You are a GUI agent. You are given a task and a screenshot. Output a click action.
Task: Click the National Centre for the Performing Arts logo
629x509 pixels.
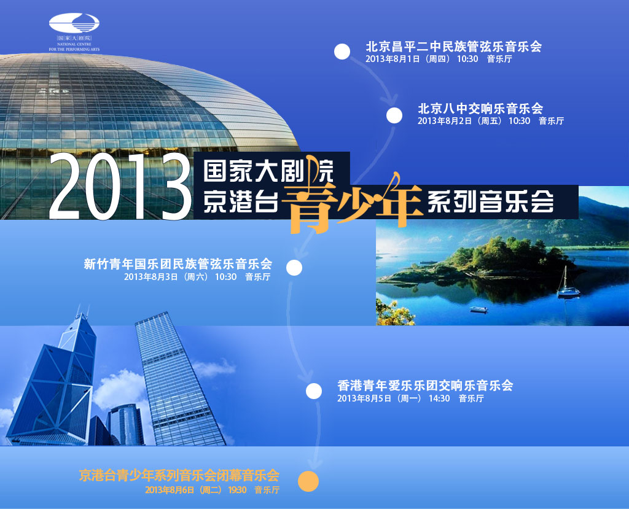click(74, 32)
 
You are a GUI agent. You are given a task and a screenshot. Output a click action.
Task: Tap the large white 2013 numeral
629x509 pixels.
click(120, 187)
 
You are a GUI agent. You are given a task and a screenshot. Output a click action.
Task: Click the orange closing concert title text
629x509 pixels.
click(179, 476)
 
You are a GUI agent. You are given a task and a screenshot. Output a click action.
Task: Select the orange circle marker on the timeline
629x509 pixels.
click(308, 481)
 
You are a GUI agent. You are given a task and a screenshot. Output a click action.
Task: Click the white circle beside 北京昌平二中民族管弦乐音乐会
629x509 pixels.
click(342, 52)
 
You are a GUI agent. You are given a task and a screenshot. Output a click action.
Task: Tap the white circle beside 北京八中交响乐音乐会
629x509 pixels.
click(394, 115)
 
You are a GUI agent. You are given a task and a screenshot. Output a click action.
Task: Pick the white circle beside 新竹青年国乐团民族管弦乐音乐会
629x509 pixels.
click(294, 268)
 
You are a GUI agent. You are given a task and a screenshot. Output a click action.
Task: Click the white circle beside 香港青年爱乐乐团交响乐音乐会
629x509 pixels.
click(314, 391)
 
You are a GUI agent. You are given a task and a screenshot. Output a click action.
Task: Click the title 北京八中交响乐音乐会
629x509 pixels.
click(480, 108)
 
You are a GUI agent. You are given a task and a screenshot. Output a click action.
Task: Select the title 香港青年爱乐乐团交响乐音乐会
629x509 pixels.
click(425, 386)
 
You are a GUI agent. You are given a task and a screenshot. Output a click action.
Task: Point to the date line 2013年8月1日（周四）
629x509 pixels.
click(408, 59)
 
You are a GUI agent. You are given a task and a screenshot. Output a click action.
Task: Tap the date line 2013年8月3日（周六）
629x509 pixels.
click(166, 277)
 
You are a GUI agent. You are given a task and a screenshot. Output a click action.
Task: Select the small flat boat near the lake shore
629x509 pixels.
click(479, 309)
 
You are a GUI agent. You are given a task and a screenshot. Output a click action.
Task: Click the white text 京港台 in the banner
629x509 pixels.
click(241, 201)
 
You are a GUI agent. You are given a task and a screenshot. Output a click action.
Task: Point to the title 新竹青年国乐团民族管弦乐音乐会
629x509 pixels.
click(178, 264)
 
